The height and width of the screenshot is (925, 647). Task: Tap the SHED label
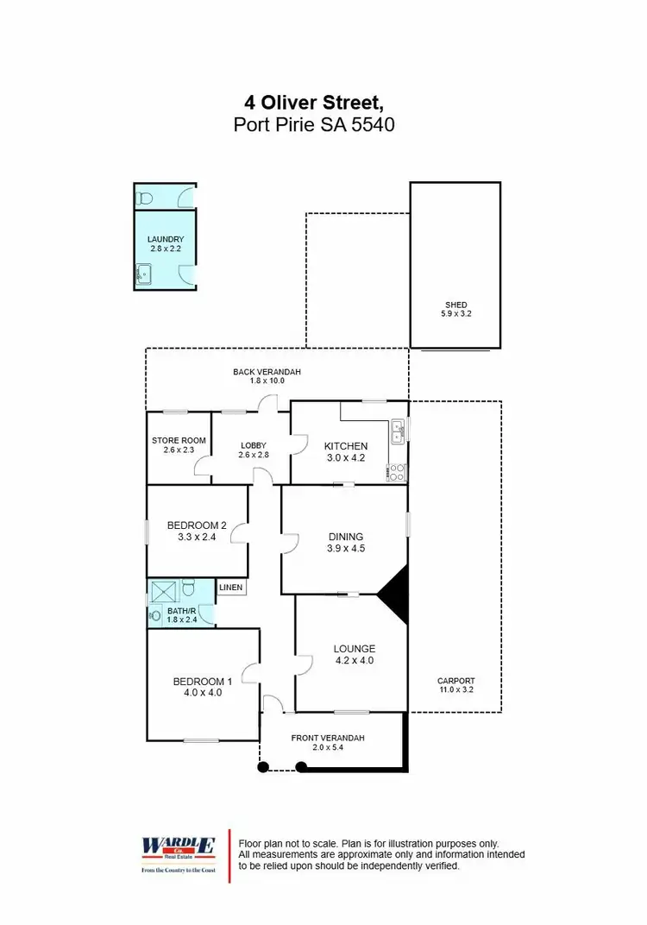pyautogui.click(x=455, y=305)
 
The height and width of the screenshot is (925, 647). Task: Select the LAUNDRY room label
pyautogui.click(x=166, y=239)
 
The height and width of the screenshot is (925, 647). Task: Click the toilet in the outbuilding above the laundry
pyautogui.click(x=147, y=198)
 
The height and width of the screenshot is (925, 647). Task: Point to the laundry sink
pyautogui.click(x=143, y=276)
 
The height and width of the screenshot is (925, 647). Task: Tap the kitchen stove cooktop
pyautogui.click(x=399, y=471)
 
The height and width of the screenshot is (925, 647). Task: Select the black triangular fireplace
pyautogui.click(x=396, y=594)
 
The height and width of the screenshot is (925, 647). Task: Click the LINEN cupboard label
pyautogui.click(x=230, y=588)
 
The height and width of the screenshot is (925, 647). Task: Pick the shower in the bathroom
pyautogui.click(x=163, y=591)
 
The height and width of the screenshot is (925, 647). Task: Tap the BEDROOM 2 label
pyautogui.click(x=197, y=525)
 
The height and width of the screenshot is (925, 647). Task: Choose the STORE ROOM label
pyautogui.click(x=179, y=440)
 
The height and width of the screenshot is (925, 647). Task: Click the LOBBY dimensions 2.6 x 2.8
pyautogui.click(x=254, y=456)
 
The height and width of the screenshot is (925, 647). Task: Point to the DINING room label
pyautogui.click(x=345, y=537)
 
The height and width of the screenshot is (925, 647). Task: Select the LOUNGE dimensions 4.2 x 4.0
pyautogui.click(x=355, y=661)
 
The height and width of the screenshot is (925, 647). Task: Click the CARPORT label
pyautogui.click(x=455, y=680)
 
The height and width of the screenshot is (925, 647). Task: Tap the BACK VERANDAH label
pyautogui.click(x=267, y=372)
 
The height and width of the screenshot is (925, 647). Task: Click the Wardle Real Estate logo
pyautogui.click(x=179, y=855)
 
